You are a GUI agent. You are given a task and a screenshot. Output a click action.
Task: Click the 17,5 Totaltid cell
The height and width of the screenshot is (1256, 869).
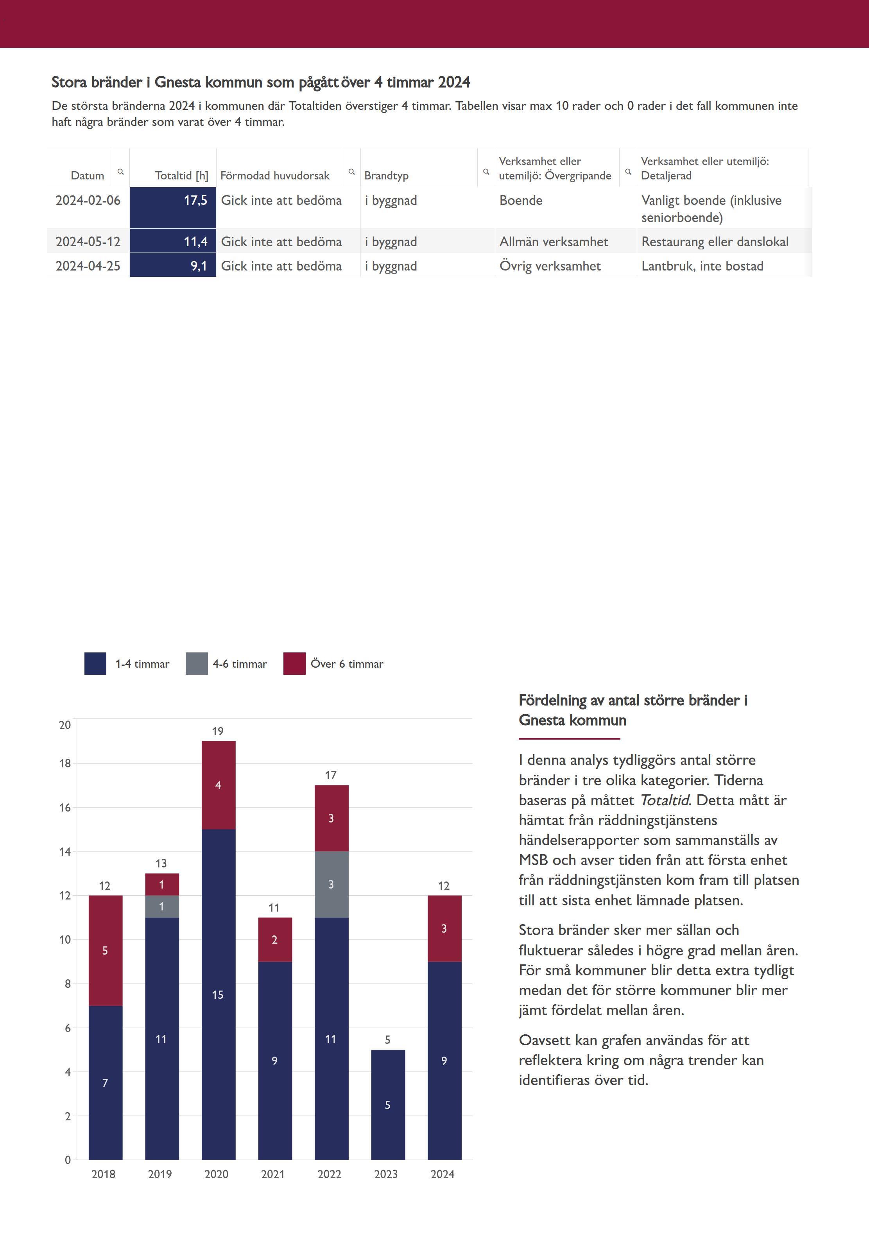pyautogui.click(x=173, y=207)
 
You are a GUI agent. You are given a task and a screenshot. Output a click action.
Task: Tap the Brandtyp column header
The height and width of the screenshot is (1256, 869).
pyautogui.click(x=386, y=175)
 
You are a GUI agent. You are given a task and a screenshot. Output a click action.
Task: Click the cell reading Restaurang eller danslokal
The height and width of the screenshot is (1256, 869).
pyautogui.click(x=714, y=242)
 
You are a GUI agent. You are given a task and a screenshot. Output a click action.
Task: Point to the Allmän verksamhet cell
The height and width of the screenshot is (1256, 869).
pyautogui.click(x=553, y=242)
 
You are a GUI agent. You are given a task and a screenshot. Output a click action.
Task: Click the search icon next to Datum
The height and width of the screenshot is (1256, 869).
pyautogui.click(x=121, y=172)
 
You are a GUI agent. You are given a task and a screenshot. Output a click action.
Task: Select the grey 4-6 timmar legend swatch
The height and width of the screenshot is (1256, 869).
pyautogui.click(x=197, y=663)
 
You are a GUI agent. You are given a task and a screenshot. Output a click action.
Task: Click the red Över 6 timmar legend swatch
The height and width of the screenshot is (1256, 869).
pyautogui.click(x=294, y=663)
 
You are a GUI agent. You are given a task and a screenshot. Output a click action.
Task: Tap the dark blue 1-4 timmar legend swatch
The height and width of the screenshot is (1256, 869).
pyautogui.click(x=95, y=663)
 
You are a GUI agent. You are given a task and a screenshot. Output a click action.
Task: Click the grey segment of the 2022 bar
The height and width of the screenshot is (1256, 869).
pyautogui.click(x=331, y=884)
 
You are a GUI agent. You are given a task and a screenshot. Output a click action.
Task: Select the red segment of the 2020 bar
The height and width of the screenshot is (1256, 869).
pyautogui.click(x=219, y=785)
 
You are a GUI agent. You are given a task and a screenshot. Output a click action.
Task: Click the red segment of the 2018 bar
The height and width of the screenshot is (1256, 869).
pyautogui.click(x=105, y=951)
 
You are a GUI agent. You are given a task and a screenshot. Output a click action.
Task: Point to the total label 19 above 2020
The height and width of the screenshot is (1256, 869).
pyautogui.click(x=218, y=731)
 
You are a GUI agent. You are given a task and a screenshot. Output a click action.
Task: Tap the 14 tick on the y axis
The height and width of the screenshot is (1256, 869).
pyautogui.click(x=65, y=851)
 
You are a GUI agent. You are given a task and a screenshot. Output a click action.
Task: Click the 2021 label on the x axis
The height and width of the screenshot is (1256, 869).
pyautogui.click(x=273, y=1174)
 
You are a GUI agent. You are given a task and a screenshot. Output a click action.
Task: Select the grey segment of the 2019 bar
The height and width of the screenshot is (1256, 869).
pyautogui.click(x=162, y=907)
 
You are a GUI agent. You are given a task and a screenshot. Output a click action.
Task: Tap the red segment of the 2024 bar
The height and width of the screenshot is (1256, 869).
pyautogui.click(x=444, y=928)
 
